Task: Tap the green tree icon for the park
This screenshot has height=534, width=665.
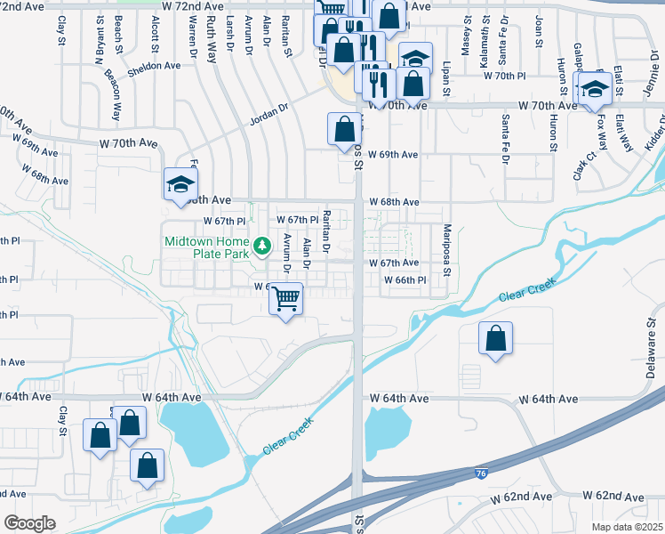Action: pos(262,245)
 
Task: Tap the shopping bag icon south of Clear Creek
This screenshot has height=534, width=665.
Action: pos(496,338)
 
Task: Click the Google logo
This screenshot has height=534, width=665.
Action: pos(29,523)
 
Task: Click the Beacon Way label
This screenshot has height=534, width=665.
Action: pos(113,95)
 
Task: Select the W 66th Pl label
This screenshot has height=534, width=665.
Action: pos(405,279)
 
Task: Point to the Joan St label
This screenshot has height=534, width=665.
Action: pos(539,30)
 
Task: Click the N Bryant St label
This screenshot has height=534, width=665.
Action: pos(99,37)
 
